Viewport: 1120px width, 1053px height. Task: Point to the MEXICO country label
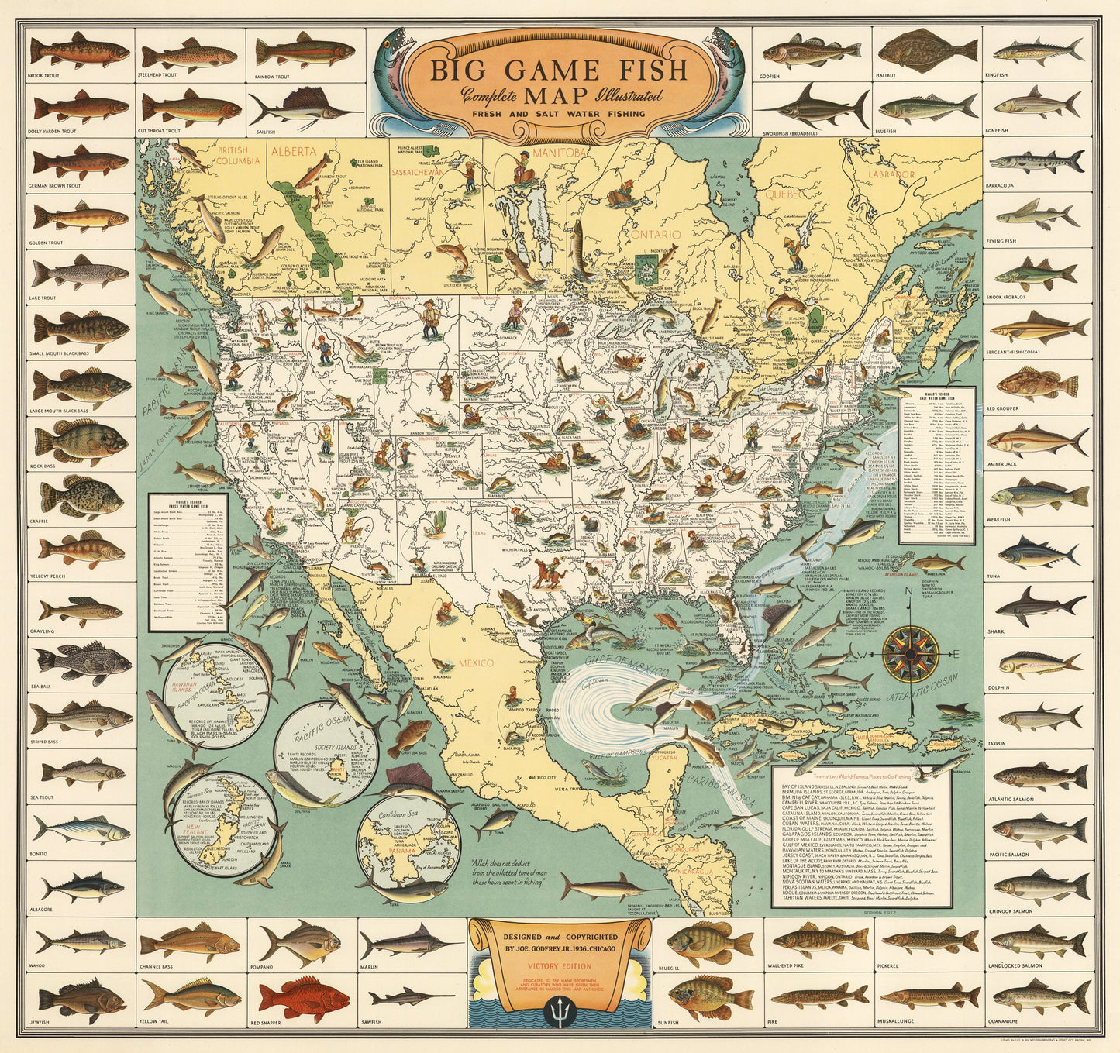(475, 663)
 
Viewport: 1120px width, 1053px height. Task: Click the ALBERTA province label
(293, 152)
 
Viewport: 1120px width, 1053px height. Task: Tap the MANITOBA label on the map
(559, 153)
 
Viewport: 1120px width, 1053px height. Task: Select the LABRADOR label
(891, 175)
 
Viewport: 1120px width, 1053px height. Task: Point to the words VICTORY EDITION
(559, 966)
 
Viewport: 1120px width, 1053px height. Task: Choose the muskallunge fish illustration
(928, 996)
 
